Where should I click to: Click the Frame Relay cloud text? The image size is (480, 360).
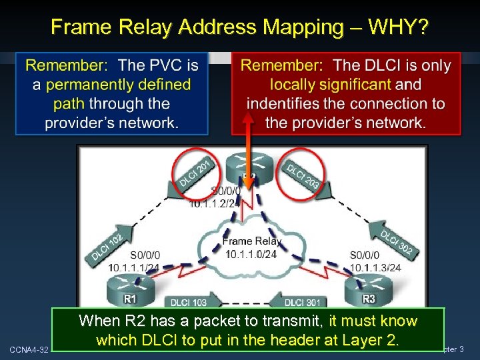point(251,241)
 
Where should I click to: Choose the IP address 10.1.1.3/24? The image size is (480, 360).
point(376,267)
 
